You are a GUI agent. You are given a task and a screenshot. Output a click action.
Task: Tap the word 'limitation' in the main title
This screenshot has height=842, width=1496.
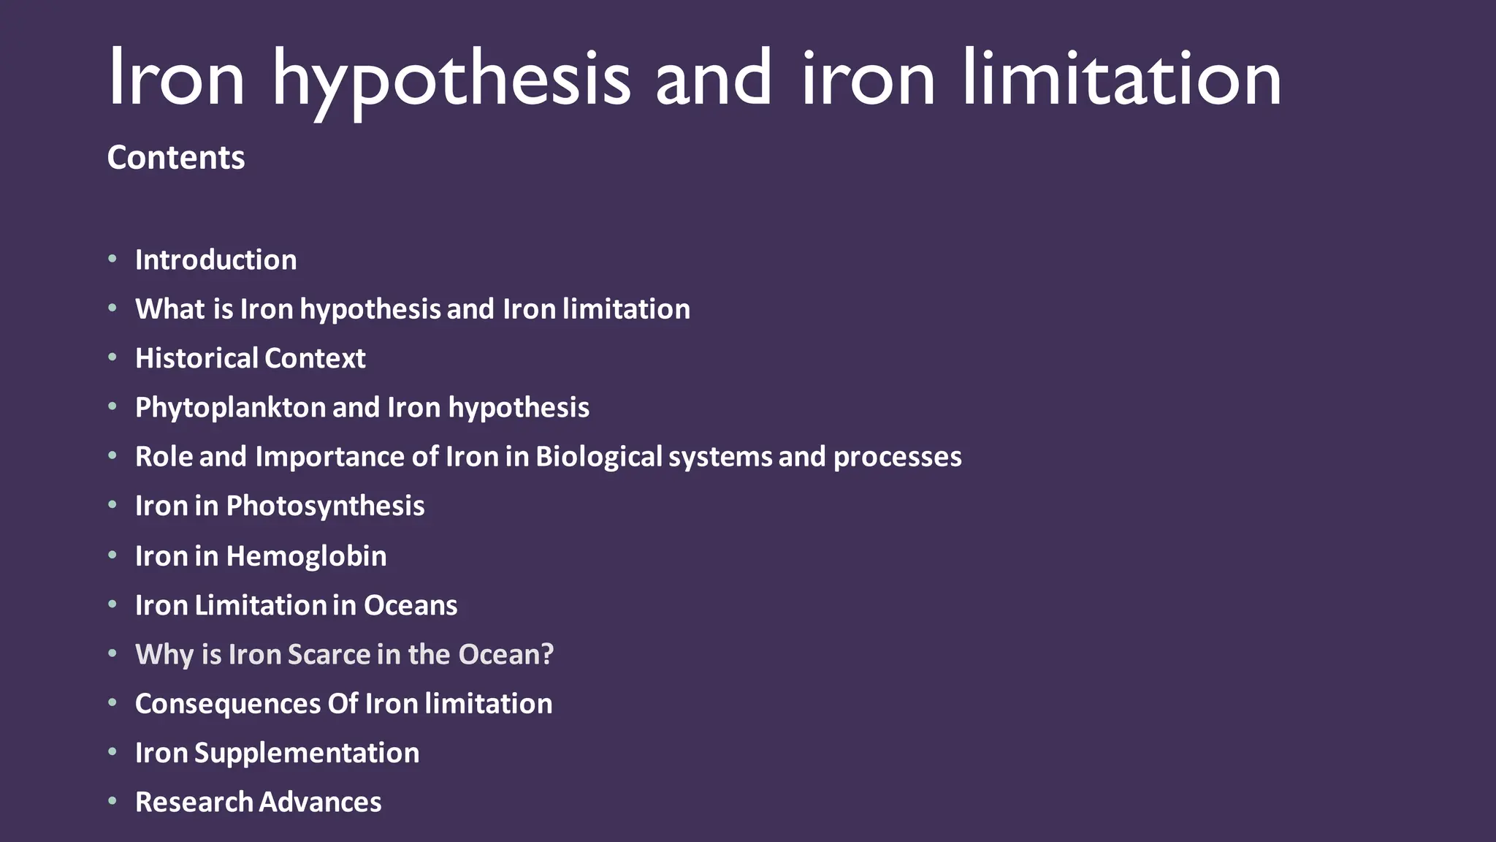pyautogui.click(x=1121, y=77)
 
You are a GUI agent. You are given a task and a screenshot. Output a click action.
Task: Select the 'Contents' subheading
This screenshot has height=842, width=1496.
pyautogui.click(x=175, y=157)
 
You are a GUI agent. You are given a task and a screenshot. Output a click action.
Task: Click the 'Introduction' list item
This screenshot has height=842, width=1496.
pyautogui.click(x=215, y=260)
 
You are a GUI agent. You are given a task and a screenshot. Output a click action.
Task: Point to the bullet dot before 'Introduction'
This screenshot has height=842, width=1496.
pyautogui.click(x=112, y=259)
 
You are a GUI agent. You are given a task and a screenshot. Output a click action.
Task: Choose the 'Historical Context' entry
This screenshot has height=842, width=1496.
pyautogui.click(x=250, y=358)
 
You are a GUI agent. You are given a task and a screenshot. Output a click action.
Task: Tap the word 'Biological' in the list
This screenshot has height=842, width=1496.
pyautogui.click(x=598, y=457)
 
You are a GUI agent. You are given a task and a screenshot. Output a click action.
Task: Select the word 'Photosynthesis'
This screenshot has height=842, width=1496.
pyautogui.click(x=325, y=506)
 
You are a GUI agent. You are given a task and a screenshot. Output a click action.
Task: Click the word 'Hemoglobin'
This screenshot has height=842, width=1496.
pyautogui.click(x=306, y=556)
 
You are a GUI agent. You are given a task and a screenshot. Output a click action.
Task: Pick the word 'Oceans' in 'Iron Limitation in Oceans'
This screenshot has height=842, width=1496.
pyautogui.click(x=411, y=605)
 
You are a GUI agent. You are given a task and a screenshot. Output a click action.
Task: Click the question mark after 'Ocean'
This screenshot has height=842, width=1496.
pyautogui.click(x=547, y=654)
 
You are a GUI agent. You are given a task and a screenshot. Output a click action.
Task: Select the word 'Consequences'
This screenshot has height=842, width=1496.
pyautogui.click(x=228, y=704)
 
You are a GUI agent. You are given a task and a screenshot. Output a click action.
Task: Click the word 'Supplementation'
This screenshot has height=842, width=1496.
pyautogui.click(x=307, y=753)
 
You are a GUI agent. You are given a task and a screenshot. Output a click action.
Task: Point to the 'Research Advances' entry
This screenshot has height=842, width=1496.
pyautogui.click(x=258, y=802)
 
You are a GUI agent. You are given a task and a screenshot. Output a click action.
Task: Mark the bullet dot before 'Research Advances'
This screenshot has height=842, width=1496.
pyautogui.click(x=112, y=801)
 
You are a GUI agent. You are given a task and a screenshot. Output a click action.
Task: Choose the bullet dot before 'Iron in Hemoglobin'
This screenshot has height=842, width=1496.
pyautogui.click(x=112, y=555)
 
